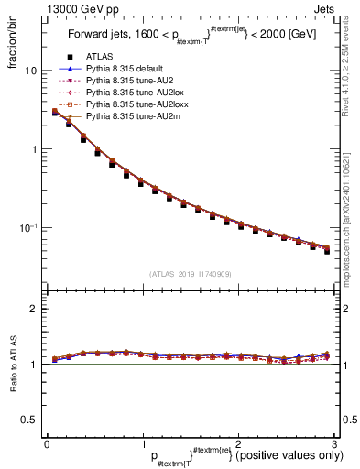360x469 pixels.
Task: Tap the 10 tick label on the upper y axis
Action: click(x=29, y=71)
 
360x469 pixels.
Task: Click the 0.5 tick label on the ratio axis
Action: click(x=27, y=420)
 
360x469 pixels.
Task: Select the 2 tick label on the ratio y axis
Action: click(x=32, y=309)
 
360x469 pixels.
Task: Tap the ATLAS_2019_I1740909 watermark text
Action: click(x=190, y=273)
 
